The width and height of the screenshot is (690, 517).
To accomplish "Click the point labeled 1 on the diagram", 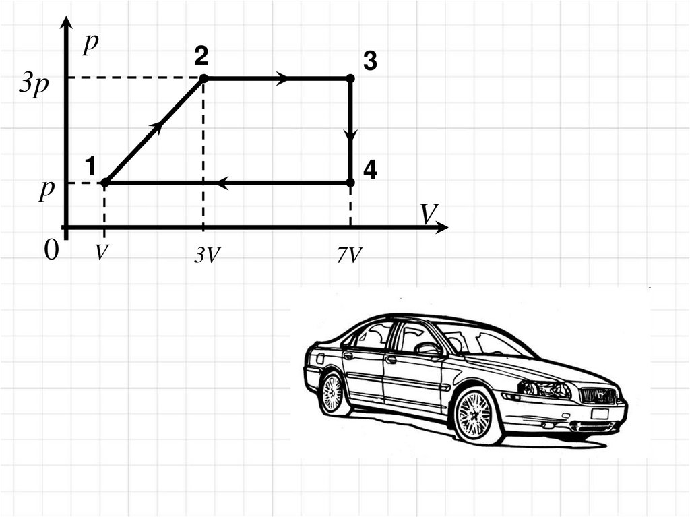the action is (x=105, y=182).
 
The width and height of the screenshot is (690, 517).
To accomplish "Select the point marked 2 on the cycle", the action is (x=203, y=79).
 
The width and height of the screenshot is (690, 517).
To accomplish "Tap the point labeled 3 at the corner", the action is (x=350, y=79).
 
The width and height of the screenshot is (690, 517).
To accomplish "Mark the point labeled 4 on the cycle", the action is (x=350, y=182).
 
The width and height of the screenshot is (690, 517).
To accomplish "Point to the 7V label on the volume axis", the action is (x=350, y=256).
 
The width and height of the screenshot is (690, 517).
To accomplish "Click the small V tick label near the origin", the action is (x=101, y=253).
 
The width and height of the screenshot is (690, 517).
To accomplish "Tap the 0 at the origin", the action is (x=51, y=252).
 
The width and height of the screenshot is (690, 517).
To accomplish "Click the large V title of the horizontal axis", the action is (x=429, y=214).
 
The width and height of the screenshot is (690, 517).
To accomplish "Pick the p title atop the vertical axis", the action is (x=90, y=44).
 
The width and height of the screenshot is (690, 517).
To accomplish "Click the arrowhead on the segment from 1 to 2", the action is (x=157, y=126).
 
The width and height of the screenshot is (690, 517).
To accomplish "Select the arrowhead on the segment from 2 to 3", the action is (x=282, y=79).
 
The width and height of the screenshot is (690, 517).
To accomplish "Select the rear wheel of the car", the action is (x=332, y=394).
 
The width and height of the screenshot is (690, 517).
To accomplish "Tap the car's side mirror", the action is (x=429, y=348).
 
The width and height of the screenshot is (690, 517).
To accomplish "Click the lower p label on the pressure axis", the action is (x=46, y=189).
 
